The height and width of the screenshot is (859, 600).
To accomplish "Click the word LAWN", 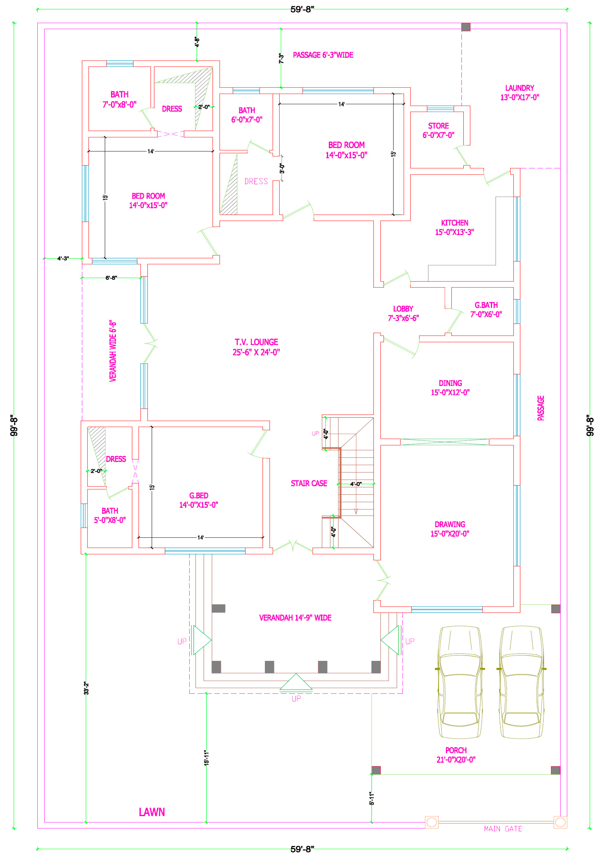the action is [152, 812].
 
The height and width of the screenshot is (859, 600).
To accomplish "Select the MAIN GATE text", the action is [503, 829].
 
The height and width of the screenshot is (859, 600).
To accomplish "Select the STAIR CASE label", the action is [309, 483].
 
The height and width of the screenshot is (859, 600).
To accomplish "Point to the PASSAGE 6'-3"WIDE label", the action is [323, 55].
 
